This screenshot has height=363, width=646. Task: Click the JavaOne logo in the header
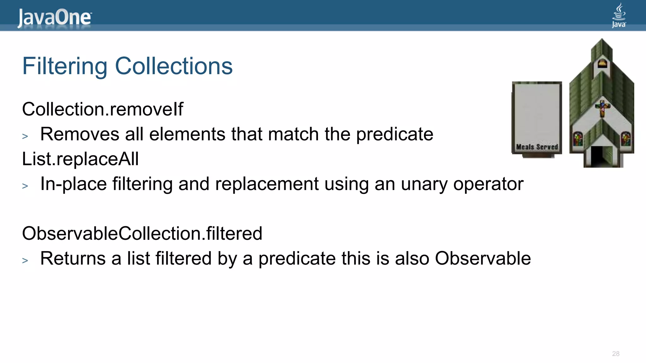54,18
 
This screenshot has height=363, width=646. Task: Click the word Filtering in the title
65,66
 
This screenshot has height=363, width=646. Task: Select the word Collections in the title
174,66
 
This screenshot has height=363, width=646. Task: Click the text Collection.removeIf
103,109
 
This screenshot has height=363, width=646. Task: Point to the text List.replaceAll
80,159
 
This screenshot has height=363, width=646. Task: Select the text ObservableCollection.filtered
142,233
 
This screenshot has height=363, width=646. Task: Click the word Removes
80,134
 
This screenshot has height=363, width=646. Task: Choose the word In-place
73,184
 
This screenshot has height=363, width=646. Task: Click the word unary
424,184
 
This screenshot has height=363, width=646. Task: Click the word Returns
73,259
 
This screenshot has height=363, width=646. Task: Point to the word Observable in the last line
483,259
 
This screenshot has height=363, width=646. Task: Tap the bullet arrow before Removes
25,136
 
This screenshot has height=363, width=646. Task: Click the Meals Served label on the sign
537,147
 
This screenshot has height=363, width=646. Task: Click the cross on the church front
602,108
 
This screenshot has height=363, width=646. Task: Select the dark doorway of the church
597,156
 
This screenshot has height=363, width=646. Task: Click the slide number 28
616,354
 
